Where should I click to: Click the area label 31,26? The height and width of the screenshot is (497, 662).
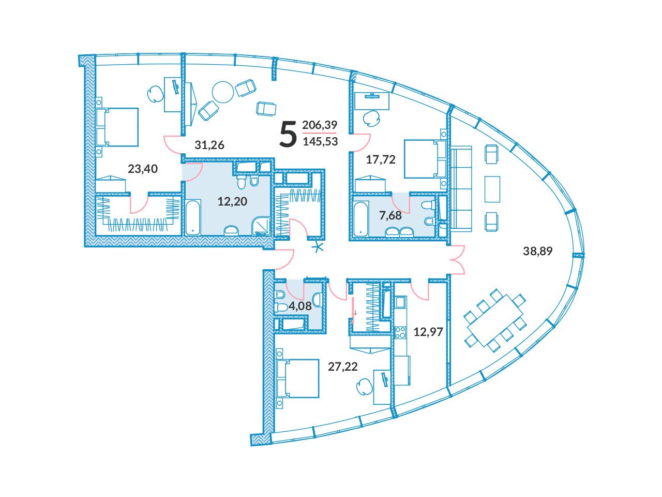(x=209, y=145)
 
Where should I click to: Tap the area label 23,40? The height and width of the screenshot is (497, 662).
(x=143, y=169)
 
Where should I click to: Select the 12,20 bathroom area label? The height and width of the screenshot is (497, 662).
(x=232, y=201)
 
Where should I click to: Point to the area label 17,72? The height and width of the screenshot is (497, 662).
(x=381, y=159)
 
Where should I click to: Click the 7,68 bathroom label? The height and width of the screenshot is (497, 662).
(x=390, y=215)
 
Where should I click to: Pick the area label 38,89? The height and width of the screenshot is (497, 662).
(x=538, y=251)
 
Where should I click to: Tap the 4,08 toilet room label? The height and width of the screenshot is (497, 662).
(x=300, y=306)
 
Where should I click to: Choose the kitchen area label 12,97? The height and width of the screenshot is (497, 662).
(x=428, y=332)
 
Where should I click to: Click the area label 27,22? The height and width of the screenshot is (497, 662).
(x=343, y=367)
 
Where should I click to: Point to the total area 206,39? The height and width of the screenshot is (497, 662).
(x=320, y=125)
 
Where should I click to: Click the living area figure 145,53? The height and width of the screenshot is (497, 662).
(x=320, y=141)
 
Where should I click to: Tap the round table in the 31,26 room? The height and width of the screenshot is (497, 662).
(x=223, y=92)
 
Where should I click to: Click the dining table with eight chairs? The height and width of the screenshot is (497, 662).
(x=495, y=320)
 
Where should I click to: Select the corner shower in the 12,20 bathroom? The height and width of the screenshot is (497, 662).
(x=261, y=226)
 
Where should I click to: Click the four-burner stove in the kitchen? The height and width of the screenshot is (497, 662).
(x=400, y=332)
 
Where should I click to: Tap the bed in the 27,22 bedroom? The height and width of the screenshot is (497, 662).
(x=298, y=378)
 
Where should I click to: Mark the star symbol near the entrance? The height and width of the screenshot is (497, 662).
(x=319, y=247)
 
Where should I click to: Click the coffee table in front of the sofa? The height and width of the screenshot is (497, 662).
(x=492, y=189)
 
